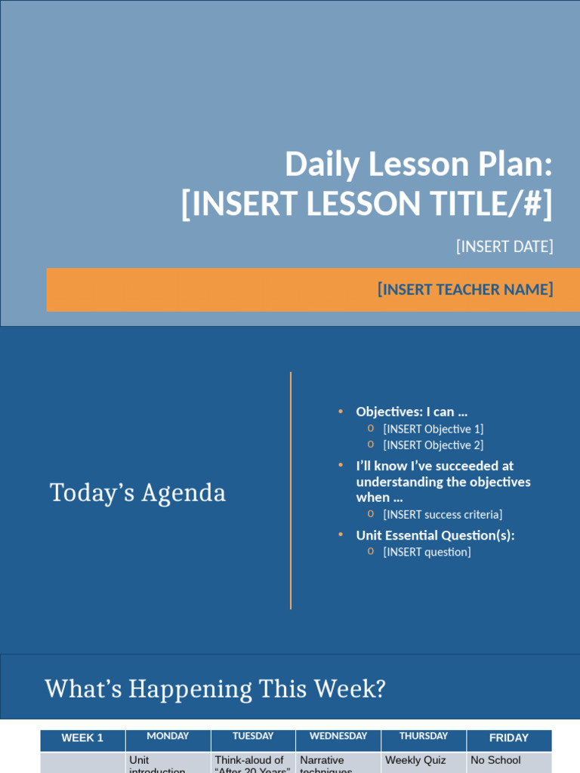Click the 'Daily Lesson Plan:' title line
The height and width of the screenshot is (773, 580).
coord(418,164)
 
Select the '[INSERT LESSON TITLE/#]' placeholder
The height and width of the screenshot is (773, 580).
coord(367,204)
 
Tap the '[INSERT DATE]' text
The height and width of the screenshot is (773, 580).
coord(504,247)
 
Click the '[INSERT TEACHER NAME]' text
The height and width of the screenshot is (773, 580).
coord(465,290)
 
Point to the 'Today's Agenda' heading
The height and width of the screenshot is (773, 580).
coord(137,493)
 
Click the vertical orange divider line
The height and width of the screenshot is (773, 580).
coord(291,491)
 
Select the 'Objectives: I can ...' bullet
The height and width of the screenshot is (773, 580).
coord(412,412)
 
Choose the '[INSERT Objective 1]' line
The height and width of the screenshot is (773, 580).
coord(433,429)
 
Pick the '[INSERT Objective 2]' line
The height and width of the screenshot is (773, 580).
coord(433,445)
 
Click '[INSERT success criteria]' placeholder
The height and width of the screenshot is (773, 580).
coord(442,515)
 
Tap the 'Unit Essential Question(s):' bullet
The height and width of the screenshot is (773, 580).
coord(435,535)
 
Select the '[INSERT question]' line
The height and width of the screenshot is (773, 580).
coord(427,552)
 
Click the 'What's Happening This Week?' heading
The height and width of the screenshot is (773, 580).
coord(215,688)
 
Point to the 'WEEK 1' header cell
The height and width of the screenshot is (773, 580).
coord(82,738)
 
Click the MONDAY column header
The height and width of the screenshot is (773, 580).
coord(168,736)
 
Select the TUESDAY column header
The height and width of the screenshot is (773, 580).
coord(253,736)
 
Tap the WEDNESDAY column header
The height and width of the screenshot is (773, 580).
coord(338,736)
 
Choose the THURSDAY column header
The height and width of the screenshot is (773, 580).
coord(424,736)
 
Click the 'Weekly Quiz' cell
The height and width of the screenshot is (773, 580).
coord(415,760)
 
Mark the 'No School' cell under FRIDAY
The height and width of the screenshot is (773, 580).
coord(495,760)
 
